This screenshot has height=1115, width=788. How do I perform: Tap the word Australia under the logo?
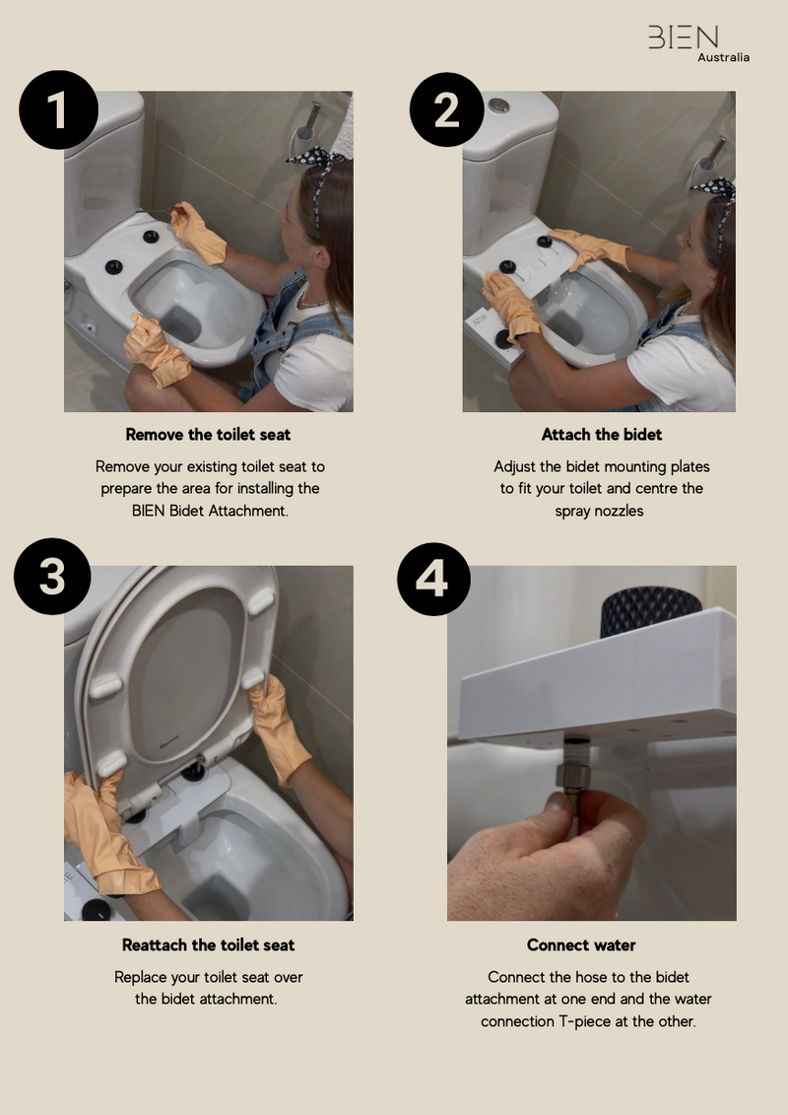(x=723, y=57)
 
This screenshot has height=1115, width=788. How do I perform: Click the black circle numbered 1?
(x=58, y=109)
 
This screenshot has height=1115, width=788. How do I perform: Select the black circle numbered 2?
(x=446, y=108)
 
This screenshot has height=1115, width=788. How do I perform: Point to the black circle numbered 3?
(x=52, y=577)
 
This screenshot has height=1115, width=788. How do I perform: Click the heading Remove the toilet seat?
(x=208, y=434)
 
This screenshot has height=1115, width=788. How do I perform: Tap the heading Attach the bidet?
(x=601, y=434)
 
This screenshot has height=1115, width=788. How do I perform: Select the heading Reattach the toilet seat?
(x=208, y=944)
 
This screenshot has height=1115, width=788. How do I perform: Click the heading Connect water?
(x=581, y=944)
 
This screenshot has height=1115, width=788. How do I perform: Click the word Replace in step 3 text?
(x=142, y=977)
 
